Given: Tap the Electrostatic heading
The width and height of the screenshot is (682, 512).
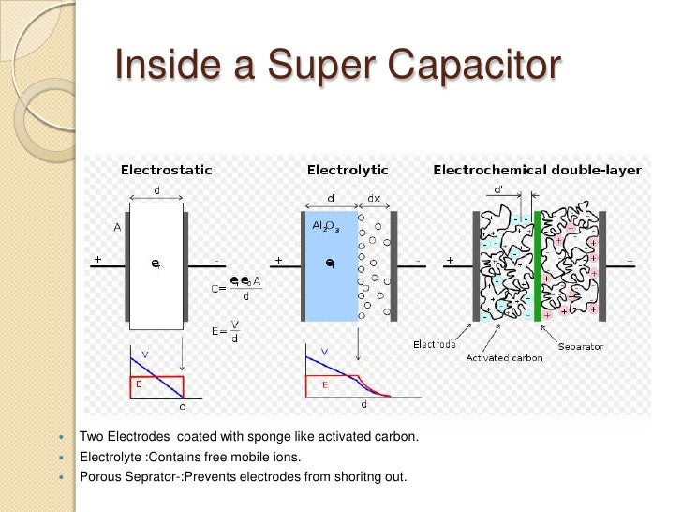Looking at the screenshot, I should click(x=166, y=171).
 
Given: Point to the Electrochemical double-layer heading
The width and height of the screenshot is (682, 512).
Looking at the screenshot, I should click(x=537, y=171).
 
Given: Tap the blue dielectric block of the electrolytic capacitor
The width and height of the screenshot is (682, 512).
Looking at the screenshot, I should click(x=331, y=281).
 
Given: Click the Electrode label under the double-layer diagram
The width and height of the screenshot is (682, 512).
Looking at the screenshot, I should click(x=435, y=344).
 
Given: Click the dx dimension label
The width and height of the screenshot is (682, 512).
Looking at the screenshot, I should click(x=375, y=198).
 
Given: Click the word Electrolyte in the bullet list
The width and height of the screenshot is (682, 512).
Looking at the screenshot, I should click(x=110, y=458).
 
